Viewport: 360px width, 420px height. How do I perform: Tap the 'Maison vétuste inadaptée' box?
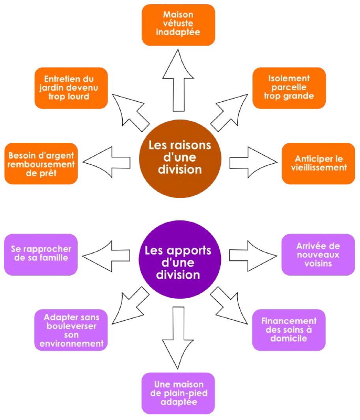coord(178,24)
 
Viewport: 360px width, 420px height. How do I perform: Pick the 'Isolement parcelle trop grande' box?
coord(289,88)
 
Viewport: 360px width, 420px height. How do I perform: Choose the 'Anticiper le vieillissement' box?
coord(318,163)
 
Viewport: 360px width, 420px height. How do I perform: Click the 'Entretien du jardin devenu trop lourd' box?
coord(71,88)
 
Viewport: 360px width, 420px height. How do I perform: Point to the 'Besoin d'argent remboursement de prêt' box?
coord(41,163)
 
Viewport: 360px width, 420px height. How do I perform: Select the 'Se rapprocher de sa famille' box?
coord(41,254)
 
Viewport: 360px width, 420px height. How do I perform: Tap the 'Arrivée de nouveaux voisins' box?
coord(318,254)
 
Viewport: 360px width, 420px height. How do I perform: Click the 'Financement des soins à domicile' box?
coord(289,330)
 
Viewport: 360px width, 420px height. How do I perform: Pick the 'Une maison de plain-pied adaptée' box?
coord(178,393)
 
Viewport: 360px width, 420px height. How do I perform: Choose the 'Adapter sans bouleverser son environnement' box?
coord(71,330)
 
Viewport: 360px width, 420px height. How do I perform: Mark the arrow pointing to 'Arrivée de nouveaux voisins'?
coord(252,254)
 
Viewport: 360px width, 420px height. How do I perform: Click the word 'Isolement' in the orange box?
coord(289,78)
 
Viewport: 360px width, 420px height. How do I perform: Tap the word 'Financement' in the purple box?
coord(289,321)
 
